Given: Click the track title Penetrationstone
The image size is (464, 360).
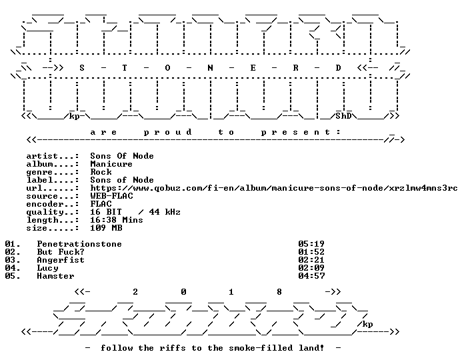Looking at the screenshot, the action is [x=79, y=244].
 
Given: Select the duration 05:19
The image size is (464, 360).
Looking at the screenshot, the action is [x=311, y=244].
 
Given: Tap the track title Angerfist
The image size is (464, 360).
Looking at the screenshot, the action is [x=61, y=260].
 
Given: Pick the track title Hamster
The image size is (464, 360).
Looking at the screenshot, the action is [x=55, y=276].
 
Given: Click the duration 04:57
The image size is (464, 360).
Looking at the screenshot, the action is [x=311, y=276].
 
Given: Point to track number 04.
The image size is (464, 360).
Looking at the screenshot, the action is [x=13, y=268].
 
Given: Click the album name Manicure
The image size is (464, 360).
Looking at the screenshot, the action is [x=111, y=164].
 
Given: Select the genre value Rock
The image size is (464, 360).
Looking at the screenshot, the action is [x=101, y=172].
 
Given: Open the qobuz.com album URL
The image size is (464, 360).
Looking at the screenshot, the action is [x=274, y=188].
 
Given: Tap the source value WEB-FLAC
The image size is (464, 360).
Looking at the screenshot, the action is [x=111, y=196].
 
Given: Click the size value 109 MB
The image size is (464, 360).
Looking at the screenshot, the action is [x=106, y=228].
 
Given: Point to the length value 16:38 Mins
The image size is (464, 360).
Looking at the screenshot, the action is [x=117, y=220].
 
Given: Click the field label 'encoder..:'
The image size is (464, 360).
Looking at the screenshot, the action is [x=53, y=204].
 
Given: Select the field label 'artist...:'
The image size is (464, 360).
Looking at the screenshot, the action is [x=53, y=156].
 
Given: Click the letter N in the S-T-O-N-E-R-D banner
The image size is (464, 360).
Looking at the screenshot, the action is [x=210, y=68].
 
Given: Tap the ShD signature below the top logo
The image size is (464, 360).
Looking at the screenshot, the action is [x=343, y=115].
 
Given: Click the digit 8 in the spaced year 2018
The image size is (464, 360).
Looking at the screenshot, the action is [x=279, y=292].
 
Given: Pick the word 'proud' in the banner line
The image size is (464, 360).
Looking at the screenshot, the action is [x=168, y=132].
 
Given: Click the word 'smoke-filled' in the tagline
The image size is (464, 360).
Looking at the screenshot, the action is [x=261, y=348].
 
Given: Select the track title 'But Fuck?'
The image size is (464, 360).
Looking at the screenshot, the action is [x=61, y=252].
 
